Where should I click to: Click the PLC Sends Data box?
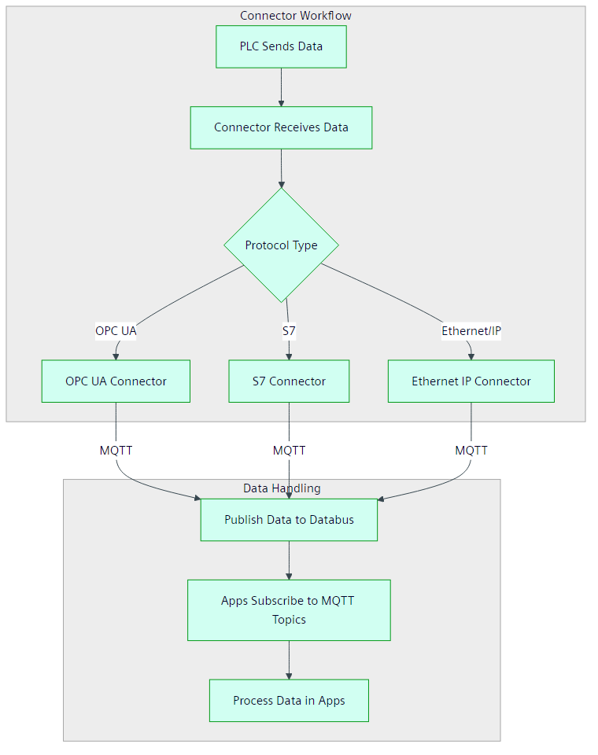pyautogui.click(x=281, y=46)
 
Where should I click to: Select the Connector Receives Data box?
pyautogui.click(x=281, y=127)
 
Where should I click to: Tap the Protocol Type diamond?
pyautogui.click(x=281, y=245)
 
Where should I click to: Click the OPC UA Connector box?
pyautogui.click(x=116, y=381)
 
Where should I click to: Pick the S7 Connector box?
pyautogui.click(x=289, y=381)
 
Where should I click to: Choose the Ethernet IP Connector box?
pyautogui.click(x=471, y=381)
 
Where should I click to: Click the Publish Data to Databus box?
pyautogui.click(x=289, y=520)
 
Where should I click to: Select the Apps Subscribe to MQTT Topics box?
pyautogui.click(x=289, y=610)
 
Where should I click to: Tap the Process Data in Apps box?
pyautogui.click(x=289, y=701)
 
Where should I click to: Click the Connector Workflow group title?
pyautogui.click(x=296, y=16)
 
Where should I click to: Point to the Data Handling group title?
pyautogui.click(x=282, y=488)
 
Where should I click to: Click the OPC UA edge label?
pyautogui.click(x=116, y=331)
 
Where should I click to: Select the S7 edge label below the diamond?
pyautogui.click(x=289, y=331)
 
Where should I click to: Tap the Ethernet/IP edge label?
pyautogui.click(x=471, y=331)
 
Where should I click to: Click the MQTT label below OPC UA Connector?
pyautogui.click(x=116, y=451)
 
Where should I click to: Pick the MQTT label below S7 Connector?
pyautogui.click(x=289, y=451)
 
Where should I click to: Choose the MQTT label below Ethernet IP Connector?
pyautogui.click(x=471, y=451)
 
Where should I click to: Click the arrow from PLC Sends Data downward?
pyautogui.click(x=281, y=87)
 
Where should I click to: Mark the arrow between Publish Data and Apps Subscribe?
pyautogui.click(x=289, y=560)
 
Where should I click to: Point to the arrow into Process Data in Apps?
pyautogui.click(x=289, y=660)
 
